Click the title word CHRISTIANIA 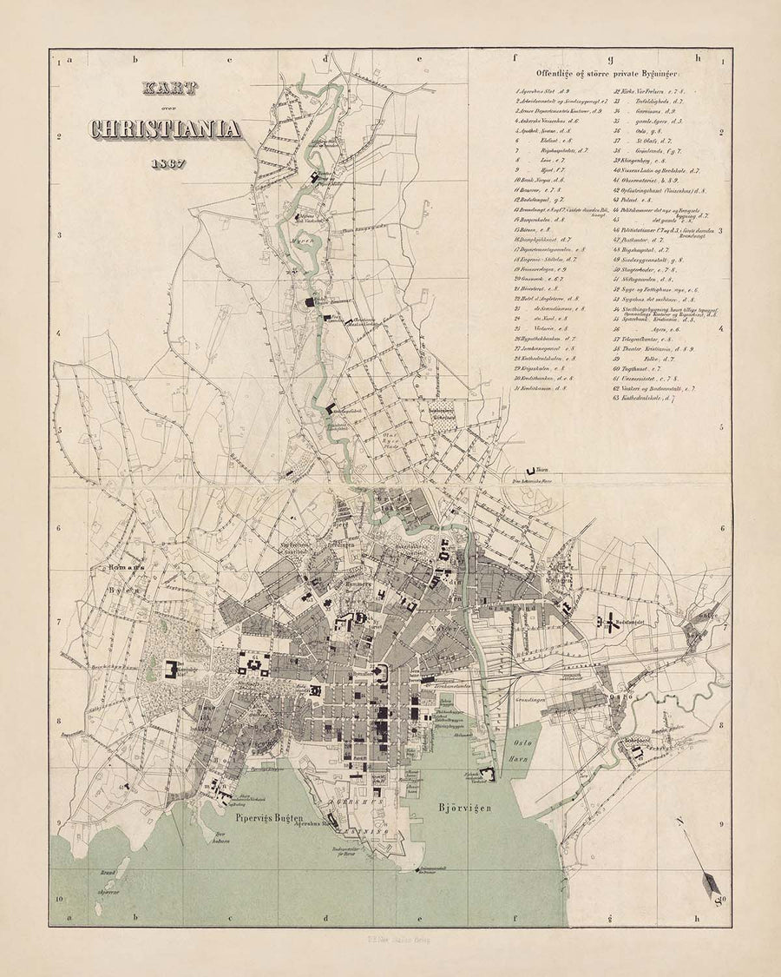click(x=166, y=129)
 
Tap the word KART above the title click(x=170, y=88)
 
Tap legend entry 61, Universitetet click(x=646, y=378)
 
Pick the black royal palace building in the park click(x=169, y=671)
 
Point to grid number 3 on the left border click(x=57, y=235)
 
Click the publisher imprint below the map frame click(x=390, y=939)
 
